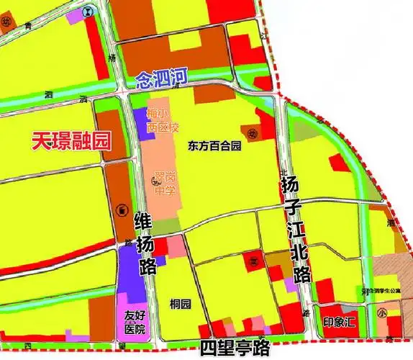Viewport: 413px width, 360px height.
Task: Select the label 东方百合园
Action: (x=214, y=145)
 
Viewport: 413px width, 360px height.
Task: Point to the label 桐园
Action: (x=180, y=304)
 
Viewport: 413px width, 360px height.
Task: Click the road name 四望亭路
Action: (x=234, y=348)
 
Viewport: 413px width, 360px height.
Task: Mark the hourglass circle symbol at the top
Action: (x=88, y=11)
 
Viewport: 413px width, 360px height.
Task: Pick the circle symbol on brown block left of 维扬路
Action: (x=119, y=210)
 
